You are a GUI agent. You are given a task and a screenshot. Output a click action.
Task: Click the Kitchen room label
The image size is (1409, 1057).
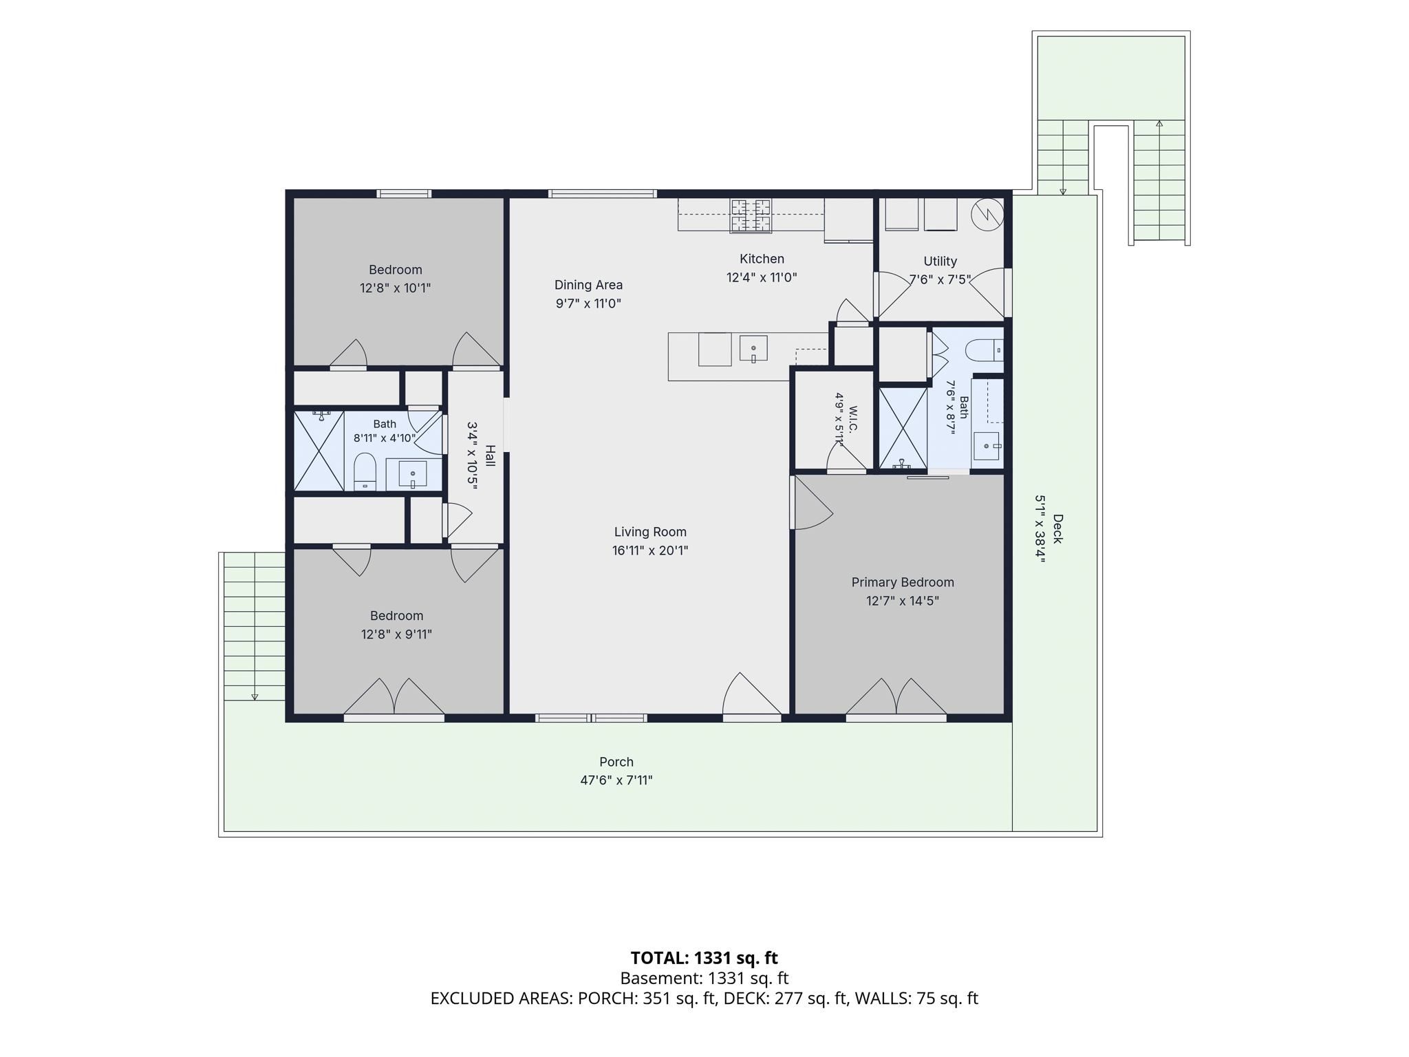click(762, 259)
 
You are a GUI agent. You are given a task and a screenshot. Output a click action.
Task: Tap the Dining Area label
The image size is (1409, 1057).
click(588, 285)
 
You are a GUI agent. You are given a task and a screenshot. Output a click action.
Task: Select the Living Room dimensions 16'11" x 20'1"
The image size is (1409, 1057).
click(650, 551)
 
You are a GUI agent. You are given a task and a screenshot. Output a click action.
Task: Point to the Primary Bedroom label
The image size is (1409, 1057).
click(903, 582)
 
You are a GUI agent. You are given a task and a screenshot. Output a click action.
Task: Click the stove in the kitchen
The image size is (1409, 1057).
click(751, 215)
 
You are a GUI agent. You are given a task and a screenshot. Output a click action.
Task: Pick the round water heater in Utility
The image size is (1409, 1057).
click(987, 215)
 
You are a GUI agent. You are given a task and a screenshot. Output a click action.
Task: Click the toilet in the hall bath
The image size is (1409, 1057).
click(365, 471)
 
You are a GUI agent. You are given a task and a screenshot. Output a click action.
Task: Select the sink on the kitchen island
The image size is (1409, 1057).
click(753, 348)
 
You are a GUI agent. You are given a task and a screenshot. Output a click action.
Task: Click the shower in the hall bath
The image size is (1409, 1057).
click(319, 451)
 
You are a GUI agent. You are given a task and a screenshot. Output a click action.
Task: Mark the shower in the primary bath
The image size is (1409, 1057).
click(903, 429)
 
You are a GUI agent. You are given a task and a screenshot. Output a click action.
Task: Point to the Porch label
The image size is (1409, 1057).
click(616, 762)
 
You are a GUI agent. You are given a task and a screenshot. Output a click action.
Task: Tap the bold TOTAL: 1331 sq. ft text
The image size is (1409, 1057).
click(704, 958)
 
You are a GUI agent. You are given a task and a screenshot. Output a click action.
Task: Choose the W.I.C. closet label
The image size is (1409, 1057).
click(853, 419)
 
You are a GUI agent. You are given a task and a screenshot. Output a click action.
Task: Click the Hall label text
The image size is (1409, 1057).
click(490, 456)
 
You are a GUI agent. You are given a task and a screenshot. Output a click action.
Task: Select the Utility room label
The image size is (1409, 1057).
click(940, 261)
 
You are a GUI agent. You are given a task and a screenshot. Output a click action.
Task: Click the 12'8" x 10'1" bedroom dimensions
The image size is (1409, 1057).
click(395, 288)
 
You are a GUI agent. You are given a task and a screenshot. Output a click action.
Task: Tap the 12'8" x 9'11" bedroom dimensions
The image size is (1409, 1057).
click(396, 634)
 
